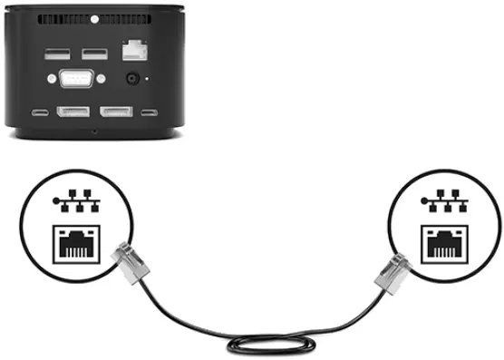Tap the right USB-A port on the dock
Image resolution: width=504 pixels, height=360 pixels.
(93, 52)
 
